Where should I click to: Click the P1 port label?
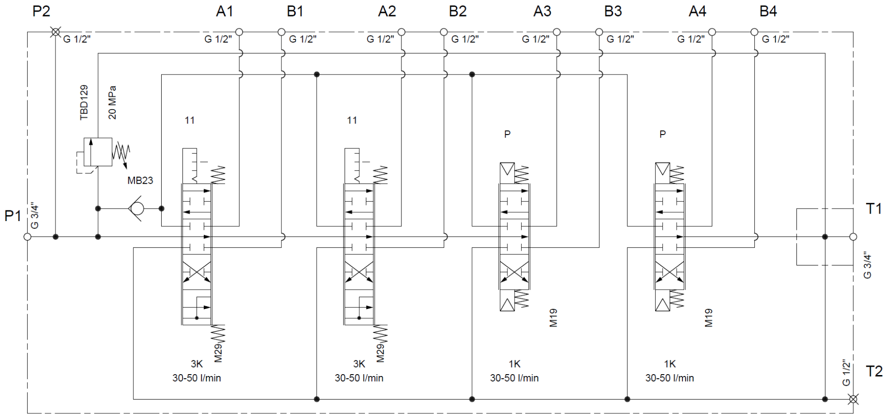(x=12, y=216)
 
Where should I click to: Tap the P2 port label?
(x=41, y=11)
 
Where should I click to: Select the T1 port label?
(x=874, y=209)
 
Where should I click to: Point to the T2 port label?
(x=874, y=371)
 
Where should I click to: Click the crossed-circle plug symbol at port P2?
(x=55, y=32)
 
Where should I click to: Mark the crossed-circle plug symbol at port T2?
(x=853, y=399)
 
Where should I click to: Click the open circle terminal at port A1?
(x=239, y=32)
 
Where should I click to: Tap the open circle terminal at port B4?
(x=754, y=32)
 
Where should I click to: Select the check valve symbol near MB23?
(x=136, y=209)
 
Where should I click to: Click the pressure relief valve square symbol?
(x=97, y=152)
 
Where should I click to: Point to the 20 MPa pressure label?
(x=112, y=103)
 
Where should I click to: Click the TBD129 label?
(x=84, y=103)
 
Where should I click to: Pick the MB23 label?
(x=140, y=181)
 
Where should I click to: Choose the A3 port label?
(x=542, y=11)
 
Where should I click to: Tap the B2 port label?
(x=458, y=11)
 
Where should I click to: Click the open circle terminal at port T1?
(x=853, y=237)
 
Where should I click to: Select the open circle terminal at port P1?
(x=27, y=237)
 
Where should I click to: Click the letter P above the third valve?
(x=507, y=135)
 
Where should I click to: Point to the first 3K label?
(x=197, y=364)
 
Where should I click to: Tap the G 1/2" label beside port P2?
(x=77, y=39)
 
